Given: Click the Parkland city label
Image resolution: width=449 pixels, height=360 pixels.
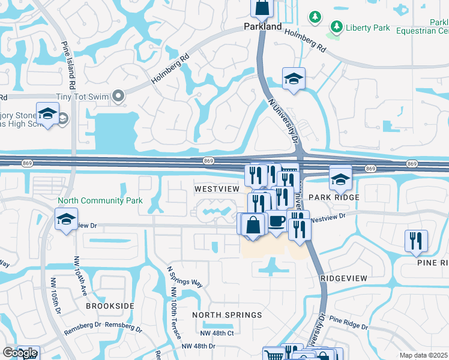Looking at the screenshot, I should (x=262, y=27).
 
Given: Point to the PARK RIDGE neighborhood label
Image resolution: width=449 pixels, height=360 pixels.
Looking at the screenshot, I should (x=334, y=197).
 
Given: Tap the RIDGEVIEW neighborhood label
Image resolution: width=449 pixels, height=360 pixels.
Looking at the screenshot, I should (x=343, y=279).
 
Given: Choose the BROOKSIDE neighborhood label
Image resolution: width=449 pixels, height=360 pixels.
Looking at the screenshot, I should (x=110, y=306).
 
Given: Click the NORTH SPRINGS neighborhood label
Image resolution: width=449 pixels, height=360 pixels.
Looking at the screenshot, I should (x=227, y=315).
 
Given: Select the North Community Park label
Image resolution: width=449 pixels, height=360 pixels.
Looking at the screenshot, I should (x=100, y=201).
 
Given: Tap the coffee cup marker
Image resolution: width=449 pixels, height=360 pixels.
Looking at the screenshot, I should (x=276, y=221).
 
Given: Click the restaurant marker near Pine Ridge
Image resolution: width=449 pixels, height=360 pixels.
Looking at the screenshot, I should (x=417, y=241).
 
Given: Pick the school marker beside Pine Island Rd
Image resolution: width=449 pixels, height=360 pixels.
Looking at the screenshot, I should (x=47, y=114).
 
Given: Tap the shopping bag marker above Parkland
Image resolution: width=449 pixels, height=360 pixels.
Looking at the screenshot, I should (x=262, y=8).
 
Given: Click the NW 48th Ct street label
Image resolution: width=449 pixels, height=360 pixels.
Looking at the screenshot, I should (x=217, y=333).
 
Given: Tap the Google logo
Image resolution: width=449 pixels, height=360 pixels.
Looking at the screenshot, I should (x=20, y=353).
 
